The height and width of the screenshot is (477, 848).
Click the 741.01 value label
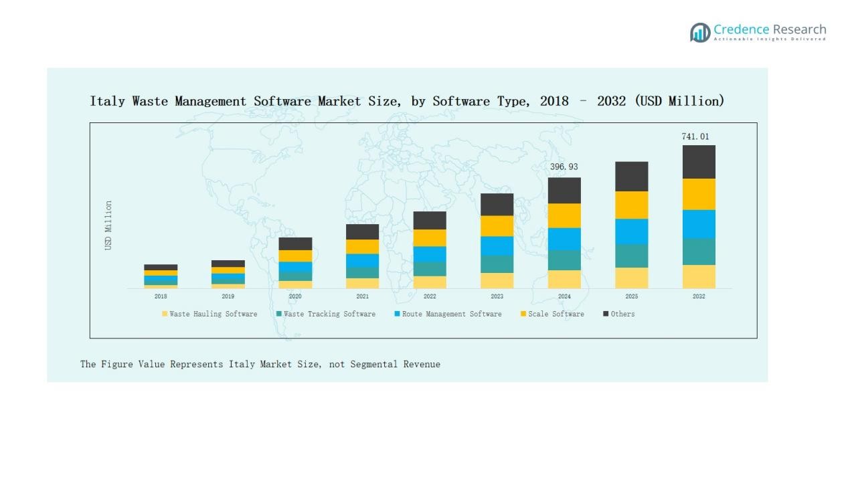(695, 136)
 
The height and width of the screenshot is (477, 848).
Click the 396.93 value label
(564, 167)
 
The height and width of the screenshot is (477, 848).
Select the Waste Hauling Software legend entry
(209, 314)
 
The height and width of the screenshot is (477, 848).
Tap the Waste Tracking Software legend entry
(325, 314)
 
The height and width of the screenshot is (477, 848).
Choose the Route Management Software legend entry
(447, 314)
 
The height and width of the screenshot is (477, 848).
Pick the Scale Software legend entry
(552, 314)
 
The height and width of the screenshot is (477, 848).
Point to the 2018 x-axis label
(161, 296)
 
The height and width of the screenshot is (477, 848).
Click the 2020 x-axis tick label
(295, 296)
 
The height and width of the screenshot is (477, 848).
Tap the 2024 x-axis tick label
(564, 296)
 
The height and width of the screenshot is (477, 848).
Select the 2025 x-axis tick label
(632, 296)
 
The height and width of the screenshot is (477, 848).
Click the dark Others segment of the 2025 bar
(632, 176)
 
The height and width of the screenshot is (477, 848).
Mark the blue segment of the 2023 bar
(497, 246)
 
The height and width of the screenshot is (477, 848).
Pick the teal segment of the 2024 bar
(564, 260)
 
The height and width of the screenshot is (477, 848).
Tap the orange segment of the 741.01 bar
(699, 194)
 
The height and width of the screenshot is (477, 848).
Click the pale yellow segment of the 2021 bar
(362, 283)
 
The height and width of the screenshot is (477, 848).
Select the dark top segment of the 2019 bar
(228, 264)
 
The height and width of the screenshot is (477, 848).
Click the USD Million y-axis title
(108, 225)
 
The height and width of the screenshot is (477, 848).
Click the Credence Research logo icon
(700, 32)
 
